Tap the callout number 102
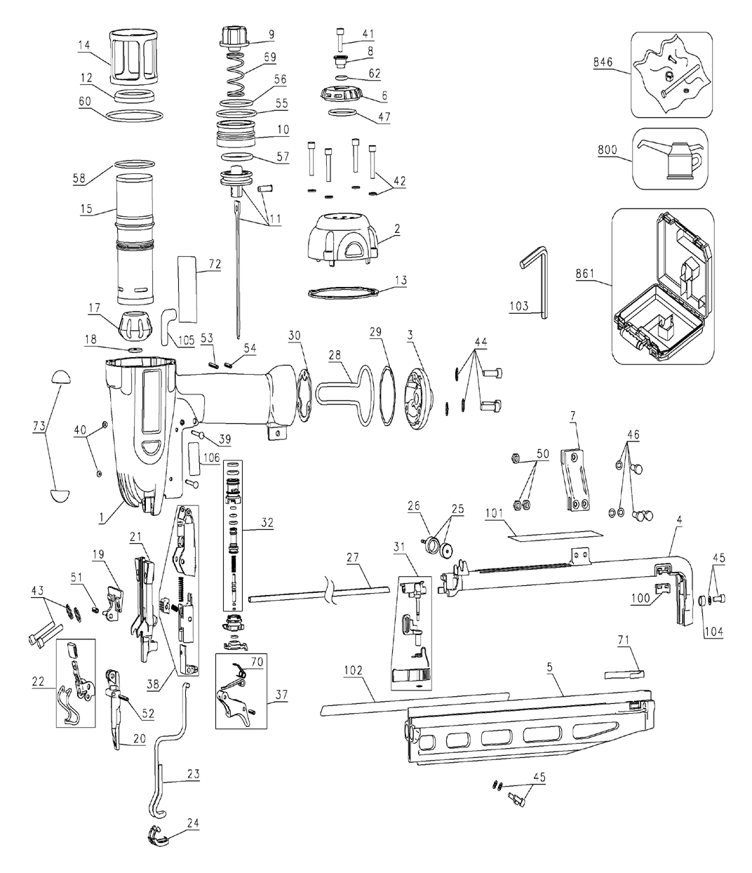click(353, 670)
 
